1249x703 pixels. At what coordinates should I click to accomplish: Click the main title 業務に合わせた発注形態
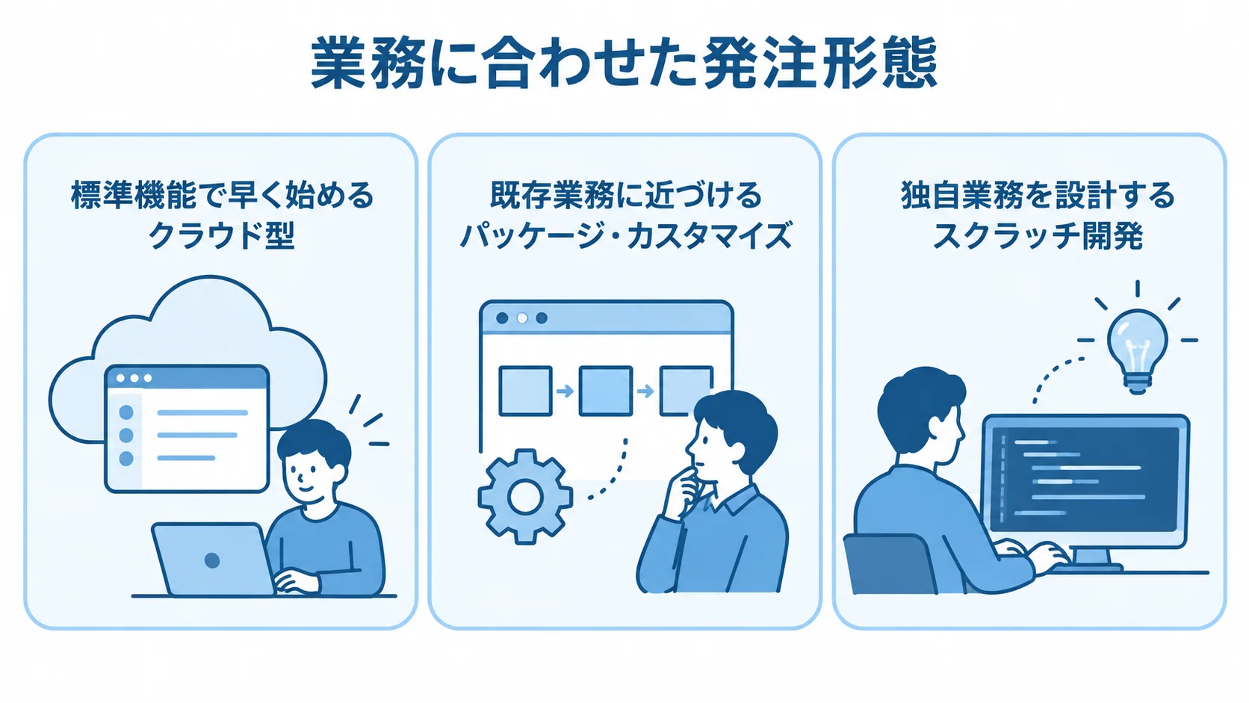pyautogui.click(x=624, y=63)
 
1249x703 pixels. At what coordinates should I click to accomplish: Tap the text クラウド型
pyautogui.click(x=221, y=236)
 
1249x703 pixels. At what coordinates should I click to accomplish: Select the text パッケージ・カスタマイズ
pyautogui.click(x=625, y=236)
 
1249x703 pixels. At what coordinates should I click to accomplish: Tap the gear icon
pyautogui.click(x=525, y=496)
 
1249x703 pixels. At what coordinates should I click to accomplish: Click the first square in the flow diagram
pyautogui.click(x=525, y=391)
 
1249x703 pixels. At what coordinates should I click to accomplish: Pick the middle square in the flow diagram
pyautogui.click(x=606, y=391)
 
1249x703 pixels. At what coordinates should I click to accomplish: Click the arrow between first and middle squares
pyautogui.click(x=565, y=391)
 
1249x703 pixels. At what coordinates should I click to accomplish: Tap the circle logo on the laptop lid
pyautogui.click(x=212, y=560)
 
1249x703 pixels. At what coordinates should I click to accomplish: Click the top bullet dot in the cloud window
pyautogui.click(x=126, y=412)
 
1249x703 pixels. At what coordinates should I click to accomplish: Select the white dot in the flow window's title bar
pyautogui.click(x=522, y=318)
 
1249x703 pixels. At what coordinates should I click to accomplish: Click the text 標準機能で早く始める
pyautogui.click(x=222, y=195)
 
